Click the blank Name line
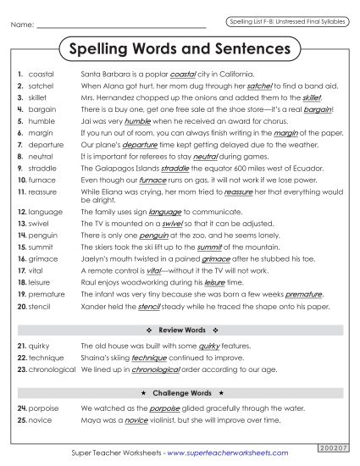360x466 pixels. (x=127, y=26)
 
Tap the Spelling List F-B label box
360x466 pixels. (x=285, y=20)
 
